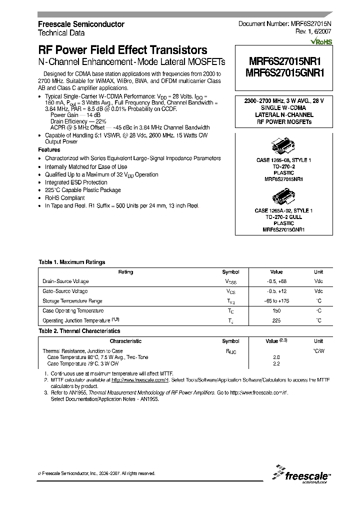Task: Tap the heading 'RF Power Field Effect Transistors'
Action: tap(122, 50)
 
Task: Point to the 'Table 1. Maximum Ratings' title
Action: tap(72, 262)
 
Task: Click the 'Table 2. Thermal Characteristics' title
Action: tap(79, 331)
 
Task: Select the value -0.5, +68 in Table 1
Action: tap(276, 282)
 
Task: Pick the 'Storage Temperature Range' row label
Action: tap(72, 301)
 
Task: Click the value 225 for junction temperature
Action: tap(276, 321)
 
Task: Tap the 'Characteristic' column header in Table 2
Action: tap(125, 341)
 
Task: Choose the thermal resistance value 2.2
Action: tap(276, 364)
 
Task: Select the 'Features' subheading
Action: tap(49, 150)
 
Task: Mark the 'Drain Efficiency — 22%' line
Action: tap(79, 121)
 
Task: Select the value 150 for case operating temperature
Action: tap(276, 311)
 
